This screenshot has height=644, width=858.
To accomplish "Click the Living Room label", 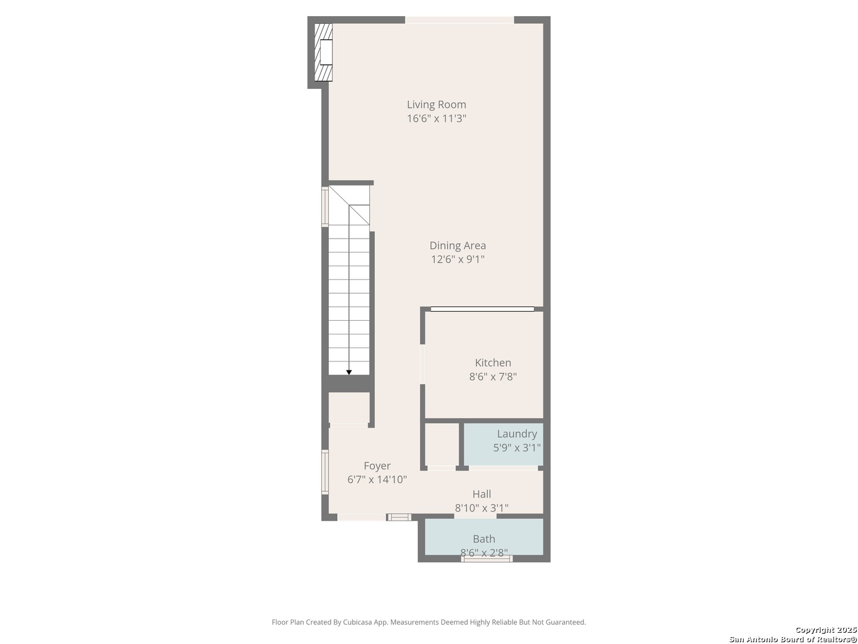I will [x=436, y=104].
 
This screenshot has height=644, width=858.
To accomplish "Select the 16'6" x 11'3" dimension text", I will [x=436, y=119].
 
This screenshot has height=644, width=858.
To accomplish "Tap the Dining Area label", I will [x=458, y=245].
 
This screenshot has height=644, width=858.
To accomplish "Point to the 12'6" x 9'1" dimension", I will [x=458, y=259].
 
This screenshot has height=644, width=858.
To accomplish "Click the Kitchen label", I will [x=493, y=363].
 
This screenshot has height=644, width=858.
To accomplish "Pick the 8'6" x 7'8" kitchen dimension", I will [x=493, y=377].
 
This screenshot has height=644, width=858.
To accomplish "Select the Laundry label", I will [x=517, y=434].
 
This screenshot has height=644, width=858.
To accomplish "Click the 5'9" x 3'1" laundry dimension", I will [x=517, y=448].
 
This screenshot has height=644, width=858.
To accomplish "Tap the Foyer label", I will [x=377, y=466].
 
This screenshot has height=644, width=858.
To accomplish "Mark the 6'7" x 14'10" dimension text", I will [x=377, y=479].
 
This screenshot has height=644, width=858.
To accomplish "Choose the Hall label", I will [x=481, y=494].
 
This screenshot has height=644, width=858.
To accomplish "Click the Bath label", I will [x=484, y=539].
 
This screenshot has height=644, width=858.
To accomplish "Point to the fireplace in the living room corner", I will [x=324, y=52].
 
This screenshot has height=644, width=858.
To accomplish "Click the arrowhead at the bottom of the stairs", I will [x=349, y=373].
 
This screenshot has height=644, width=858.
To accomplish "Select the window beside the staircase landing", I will [x=325, y=207].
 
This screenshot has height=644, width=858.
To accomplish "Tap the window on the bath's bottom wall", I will [x=487, y=559].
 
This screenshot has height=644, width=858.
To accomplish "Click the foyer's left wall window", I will [x=325, y=472].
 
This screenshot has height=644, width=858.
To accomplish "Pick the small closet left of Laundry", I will [x=442, y=444].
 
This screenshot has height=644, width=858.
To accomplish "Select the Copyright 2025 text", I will [x=826, y=630].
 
